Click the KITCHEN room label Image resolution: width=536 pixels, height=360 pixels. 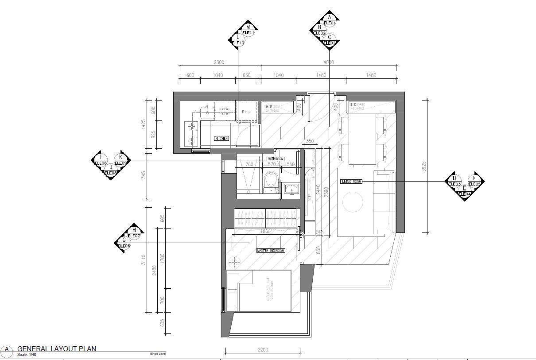221,139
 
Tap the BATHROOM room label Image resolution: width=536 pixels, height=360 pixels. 275,159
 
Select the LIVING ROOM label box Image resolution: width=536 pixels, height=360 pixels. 351,182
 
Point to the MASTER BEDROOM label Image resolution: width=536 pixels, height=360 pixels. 271,251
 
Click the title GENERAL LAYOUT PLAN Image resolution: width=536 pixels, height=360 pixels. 57,348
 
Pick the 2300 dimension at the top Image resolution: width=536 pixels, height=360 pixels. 219,62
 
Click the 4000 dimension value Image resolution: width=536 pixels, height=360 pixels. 328,62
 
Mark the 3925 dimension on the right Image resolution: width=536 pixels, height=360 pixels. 424,166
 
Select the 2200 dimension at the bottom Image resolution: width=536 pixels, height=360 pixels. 263,350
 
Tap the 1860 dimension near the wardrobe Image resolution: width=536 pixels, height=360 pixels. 265,231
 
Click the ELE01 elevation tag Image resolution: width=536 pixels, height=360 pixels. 330,23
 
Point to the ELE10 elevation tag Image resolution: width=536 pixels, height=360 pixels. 238,43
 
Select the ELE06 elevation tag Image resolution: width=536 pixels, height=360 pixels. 124,246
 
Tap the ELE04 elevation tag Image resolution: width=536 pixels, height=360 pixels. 464,194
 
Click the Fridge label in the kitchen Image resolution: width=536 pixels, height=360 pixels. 246,112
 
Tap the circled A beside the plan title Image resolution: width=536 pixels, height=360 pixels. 7,349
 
